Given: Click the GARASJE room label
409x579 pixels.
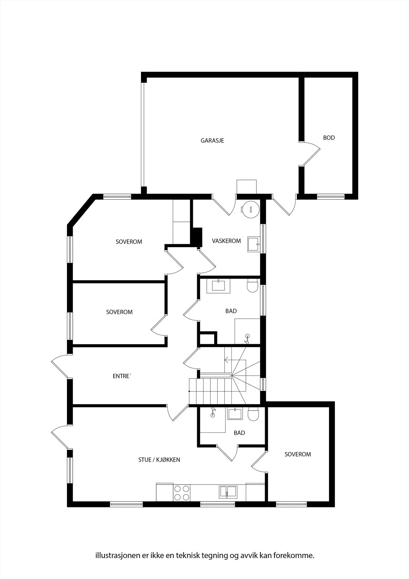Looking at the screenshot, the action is [212, 141].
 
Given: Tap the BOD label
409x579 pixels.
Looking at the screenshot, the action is [329, 138].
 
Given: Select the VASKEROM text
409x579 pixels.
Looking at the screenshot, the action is [226, 241].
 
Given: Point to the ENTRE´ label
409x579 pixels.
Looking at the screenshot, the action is [122, 376].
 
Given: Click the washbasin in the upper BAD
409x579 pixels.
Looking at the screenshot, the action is [218, 286].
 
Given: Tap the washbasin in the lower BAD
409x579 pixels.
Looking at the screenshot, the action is [235, 414].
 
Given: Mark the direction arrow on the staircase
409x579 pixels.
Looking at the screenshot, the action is [235, 360].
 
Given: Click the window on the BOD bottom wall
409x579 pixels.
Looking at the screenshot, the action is [331, 197].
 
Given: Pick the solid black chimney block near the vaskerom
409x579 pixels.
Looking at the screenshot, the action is [196, 237].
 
